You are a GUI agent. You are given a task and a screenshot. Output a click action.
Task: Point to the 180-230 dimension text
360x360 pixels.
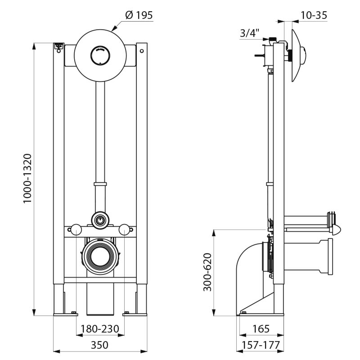[100, 329]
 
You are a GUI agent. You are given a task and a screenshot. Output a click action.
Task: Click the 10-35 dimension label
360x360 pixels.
[313, 15]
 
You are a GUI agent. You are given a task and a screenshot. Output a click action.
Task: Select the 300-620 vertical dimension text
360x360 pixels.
[207, 273]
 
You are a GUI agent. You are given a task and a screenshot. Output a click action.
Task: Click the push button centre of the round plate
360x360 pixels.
[100, 56]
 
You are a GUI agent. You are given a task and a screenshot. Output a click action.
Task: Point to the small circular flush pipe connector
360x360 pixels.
[100, 220]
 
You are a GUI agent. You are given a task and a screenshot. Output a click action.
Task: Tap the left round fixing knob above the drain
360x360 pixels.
[76, 230]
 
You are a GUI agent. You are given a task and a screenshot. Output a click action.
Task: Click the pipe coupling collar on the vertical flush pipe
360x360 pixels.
[100, 184]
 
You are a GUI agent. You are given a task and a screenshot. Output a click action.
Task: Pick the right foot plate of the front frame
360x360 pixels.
[135, 313]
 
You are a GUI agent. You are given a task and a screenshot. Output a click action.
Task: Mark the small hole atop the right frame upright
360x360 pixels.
[142, 51]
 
